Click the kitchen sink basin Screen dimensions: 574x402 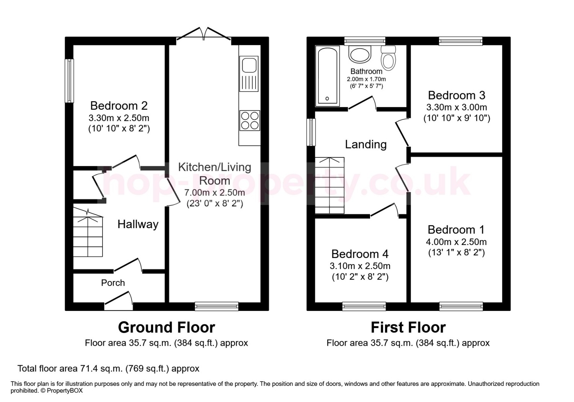tap(249, 65)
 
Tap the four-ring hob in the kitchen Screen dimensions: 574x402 tap(249, 121)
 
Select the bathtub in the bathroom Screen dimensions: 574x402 tap(328, 76)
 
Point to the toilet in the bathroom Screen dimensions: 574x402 tap(388, 58)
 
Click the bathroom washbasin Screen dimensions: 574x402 tap(360, 54)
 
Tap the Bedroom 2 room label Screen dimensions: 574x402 tap(119, 106)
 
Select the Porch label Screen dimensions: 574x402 tap(113, 283)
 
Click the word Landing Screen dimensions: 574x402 tap(366, 144)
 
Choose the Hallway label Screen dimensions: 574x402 tap(138, 224)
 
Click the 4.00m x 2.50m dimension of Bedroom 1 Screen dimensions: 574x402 tap(456, 242)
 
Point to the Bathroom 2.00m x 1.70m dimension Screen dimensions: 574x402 tap(366, 79)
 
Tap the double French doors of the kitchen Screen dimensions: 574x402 tap(204, 34)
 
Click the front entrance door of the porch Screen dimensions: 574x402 tap(119, 301)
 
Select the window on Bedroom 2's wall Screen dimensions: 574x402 tap(69, 81)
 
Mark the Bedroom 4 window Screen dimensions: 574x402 tap(364, 306)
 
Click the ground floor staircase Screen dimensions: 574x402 tap(88, 232)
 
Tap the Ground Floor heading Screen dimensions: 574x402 tap(166, 327)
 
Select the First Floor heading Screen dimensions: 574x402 tap(408, 327)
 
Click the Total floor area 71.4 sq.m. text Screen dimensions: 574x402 tap(108, 369)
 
